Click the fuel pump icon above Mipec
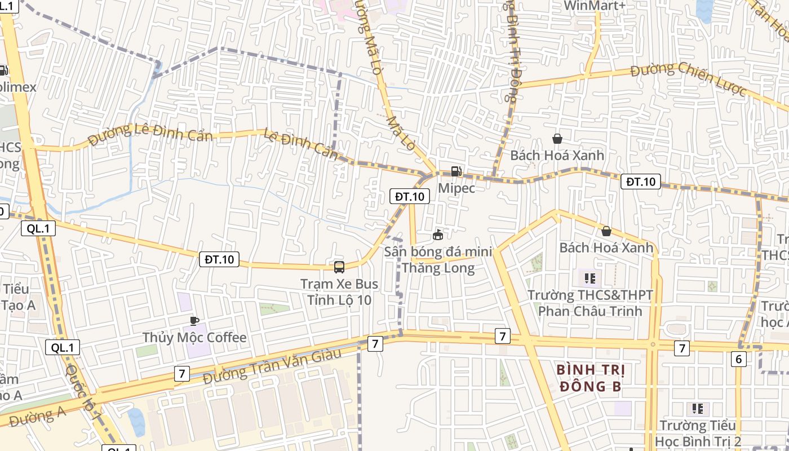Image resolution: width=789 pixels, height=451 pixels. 456,172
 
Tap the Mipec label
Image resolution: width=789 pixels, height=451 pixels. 456,188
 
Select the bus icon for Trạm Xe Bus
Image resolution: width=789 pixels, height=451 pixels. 339,267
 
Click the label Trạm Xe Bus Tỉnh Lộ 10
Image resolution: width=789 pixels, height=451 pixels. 339,291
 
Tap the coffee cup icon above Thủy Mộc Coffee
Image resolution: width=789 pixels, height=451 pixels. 194,321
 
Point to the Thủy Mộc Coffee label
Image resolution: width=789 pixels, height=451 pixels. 194,338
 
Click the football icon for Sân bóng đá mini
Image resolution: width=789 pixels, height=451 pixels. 438,235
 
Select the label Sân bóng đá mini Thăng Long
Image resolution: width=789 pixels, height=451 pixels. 438,260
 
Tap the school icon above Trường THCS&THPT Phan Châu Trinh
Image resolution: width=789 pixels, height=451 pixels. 590,278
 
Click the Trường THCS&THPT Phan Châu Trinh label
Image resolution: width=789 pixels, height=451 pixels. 590,303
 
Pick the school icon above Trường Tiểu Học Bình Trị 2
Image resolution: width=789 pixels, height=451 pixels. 698,409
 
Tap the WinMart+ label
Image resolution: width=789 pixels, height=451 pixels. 595,6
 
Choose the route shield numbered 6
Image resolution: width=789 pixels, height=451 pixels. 739,359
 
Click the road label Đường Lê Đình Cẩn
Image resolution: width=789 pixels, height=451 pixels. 150,134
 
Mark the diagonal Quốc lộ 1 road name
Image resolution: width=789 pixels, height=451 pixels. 80,388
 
